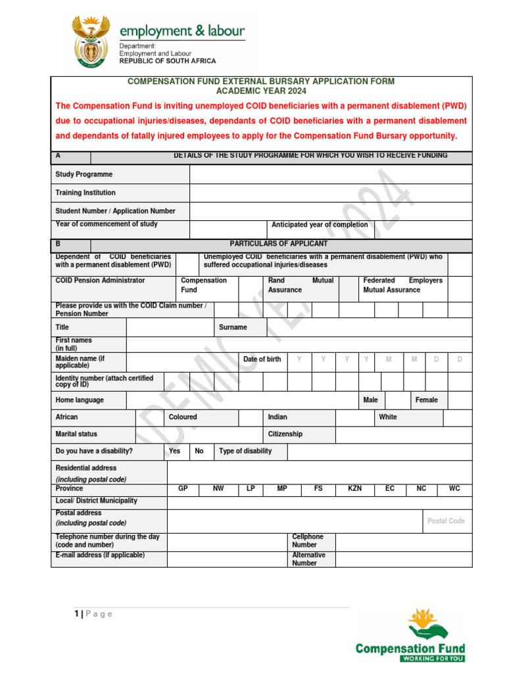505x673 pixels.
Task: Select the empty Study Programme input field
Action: tap(331, 175)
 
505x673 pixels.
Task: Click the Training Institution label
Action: tap(85, 193)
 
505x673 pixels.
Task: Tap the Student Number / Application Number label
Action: tap(116, 212)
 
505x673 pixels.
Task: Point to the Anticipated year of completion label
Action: tap(320, 225)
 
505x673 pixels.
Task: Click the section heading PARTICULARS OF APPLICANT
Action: tap(278, 244)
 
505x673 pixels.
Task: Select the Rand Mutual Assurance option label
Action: tap(301, 285)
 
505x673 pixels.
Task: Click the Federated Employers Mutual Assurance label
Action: tap(402, 285)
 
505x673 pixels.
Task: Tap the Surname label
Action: tap(233, 327)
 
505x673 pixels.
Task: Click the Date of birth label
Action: tap(262, 360)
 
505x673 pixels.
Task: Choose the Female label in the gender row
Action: tap(426, 400)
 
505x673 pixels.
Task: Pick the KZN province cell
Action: tap(354, 489)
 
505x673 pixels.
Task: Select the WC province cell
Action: tap(454, 489)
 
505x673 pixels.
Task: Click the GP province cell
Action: tap(183, 489)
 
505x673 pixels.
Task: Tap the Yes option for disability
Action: tap(175, 452)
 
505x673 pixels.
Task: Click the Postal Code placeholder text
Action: tap(446, 521)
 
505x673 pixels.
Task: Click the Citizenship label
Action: tap(285, 434)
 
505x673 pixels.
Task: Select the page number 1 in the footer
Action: tap(77, 614)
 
